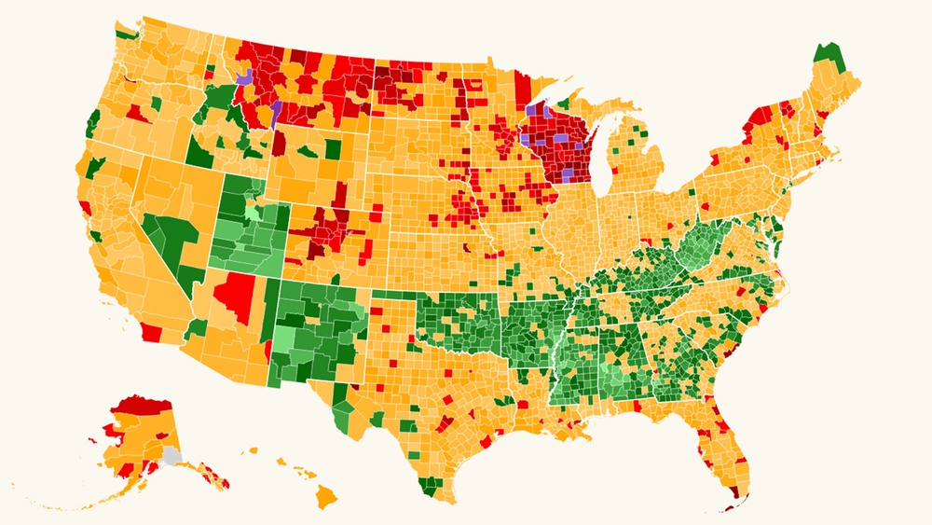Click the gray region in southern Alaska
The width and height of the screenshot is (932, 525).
tap(171, 456)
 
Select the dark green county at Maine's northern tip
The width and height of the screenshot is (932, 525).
tap(826, 58)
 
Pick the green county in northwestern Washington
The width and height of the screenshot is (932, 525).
tap(124, 35)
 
